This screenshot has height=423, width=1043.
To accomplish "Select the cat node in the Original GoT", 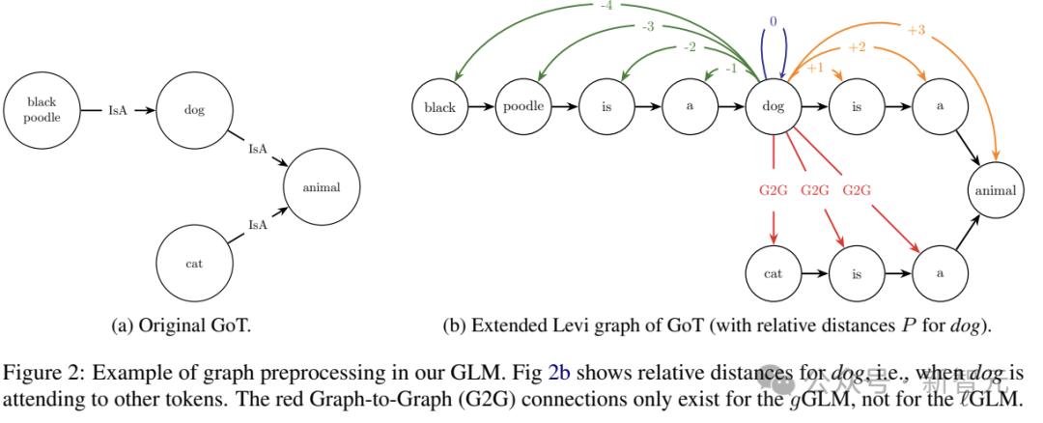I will [194, 263].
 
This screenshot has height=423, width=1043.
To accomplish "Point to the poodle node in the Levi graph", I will [523, 107].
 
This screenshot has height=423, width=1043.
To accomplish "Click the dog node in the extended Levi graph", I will [774, 107].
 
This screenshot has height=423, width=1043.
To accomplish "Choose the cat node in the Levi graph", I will [774, 273].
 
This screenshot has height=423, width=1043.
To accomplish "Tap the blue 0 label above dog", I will [773, 21].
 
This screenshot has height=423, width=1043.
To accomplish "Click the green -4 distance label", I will [605, 5].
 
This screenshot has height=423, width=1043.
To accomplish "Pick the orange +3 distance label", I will [916, 30].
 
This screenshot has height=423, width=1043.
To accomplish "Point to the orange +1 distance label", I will [815, 68].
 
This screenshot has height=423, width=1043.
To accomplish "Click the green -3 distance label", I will [649, 27].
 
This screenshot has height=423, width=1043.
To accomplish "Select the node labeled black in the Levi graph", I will [439, 107].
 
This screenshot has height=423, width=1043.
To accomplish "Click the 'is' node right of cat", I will [857, 273].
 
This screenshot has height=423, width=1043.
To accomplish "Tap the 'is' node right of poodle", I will [606, 107].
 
